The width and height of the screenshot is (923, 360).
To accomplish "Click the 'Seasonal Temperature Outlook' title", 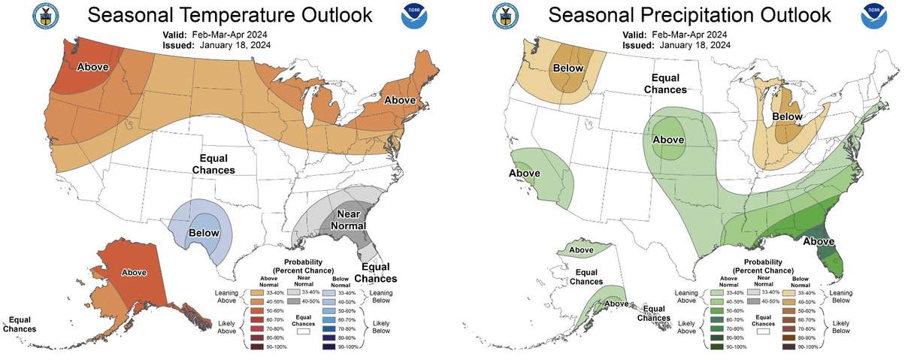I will (x=228, y=15).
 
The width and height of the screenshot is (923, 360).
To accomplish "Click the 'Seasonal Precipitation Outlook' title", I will (x=689, y=15).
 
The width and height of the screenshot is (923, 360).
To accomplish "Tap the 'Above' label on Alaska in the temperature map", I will (x=135, y=272).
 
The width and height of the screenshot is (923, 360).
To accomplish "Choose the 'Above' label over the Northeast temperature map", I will (x=401, y=100).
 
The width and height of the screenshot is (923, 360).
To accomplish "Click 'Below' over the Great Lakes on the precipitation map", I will (x=787, y=116).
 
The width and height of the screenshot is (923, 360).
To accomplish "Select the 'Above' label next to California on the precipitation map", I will (x=525, y=173).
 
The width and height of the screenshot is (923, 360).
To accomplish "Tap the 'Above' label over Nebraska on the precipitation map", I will (x=667, y=140).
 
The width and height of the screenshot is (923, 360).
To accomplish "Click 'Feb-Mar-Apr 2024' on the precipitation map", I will (x=689, y=35).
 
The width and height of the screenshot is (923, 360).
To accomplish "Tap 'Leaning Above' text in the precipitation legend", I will (x=688, y=296).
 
